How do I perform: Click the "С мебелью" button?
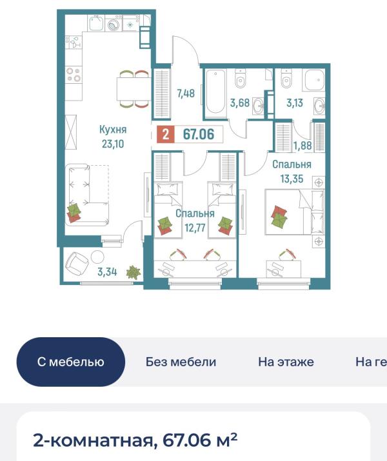point(70,362)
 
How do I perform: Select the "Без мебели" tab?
point(181,362)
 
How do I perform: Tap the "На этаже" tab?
point(286,362)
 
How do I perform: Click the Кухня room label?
point(113,130)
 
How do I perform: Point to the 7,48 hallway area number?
point(186,93)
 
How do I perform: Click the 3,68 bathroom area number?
point(240,103)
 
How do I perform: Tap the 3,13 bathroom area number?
point(295,103)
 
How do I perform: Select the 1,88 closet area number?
point(303,146)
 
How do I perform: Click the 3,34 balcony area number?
point(107,272)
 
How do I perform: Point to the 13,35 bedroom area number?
point(292,179)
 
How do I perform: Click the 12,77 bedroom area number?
point(195,228)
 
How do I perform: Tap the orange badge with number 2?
point(166,135)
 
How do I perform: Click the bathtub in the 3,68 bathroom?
point(215,92)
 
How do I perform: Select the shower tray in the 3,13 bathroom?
point(314,80)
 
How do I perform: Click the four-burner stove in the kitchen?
point(74,75)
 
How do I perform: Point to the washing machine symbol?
point(114,24)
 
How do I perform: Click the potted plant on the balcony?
point(134,272)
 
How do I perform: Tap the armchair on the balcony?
point(77,264)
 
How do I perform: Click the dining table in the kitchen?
point(134,88)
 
